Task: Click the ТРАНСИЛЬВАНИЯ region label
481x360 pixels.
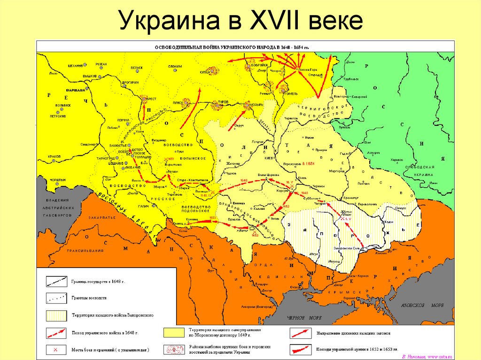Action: click(x=85, y=251)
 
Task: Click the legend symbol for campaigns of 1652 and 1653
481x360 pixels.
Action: click(x=301, y=349)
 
